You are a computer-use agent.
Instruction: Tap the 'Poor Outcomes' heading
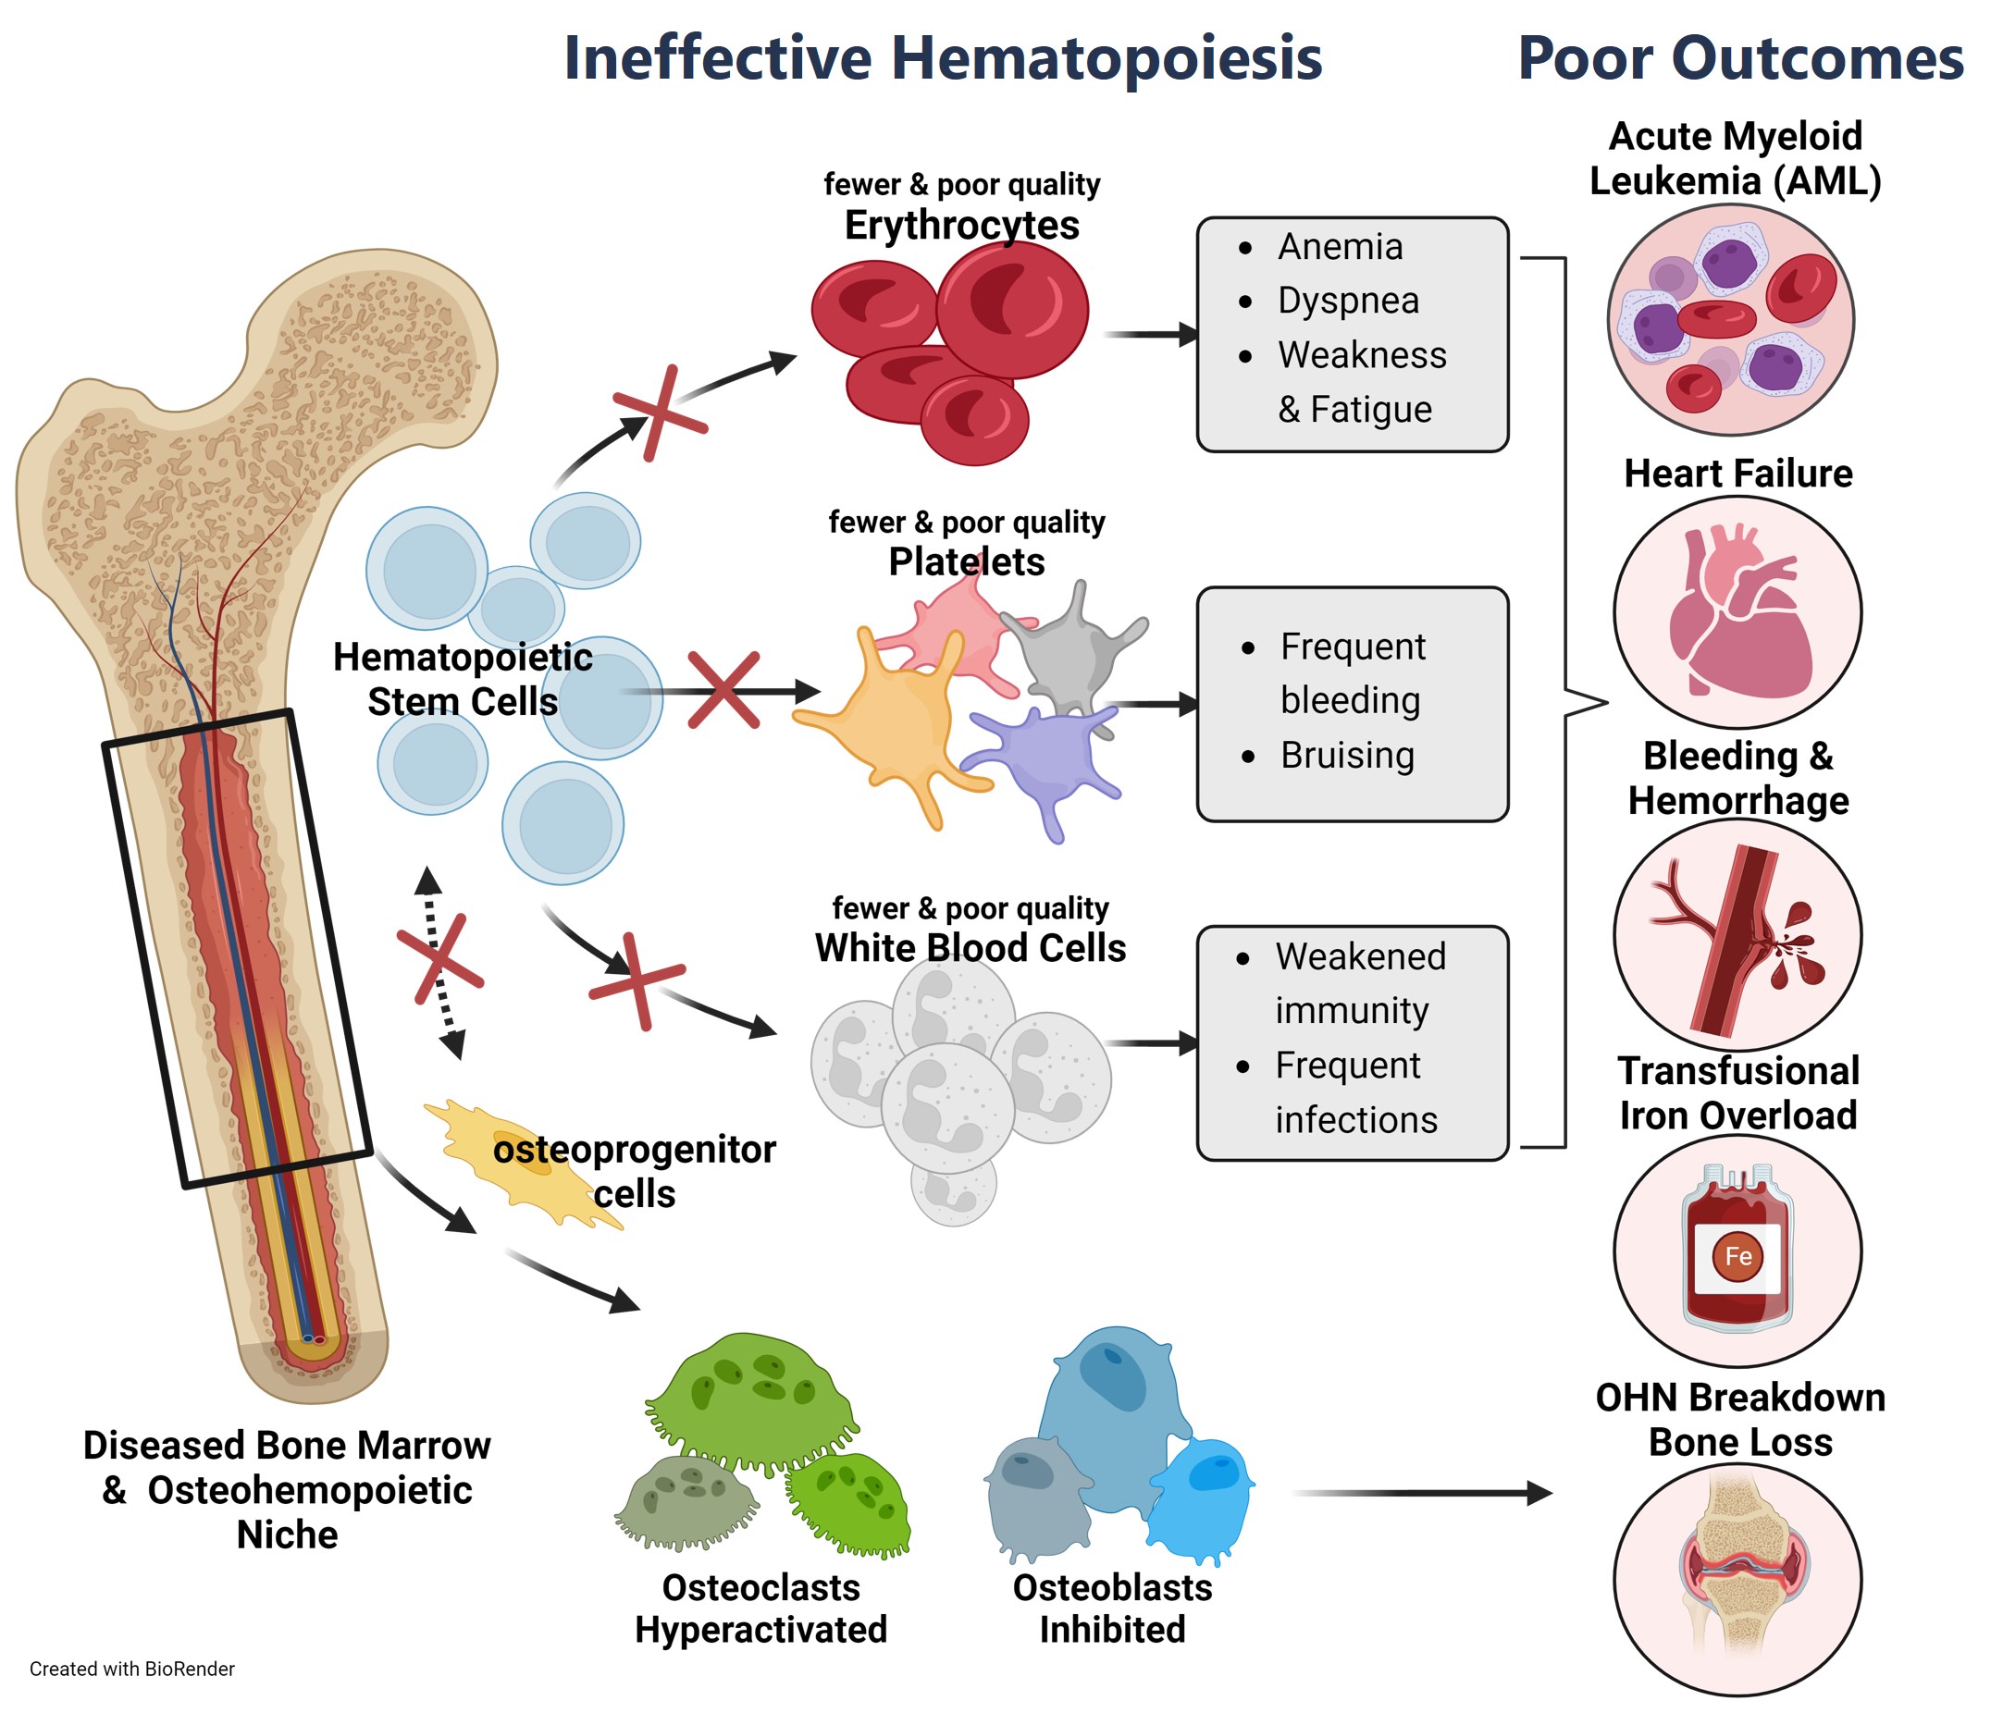tap(1740, 58)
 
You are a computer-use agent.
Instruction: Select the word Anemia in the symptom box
tap(1340, 248)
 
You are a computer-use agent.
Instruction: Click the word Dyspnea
tap(1349, 302)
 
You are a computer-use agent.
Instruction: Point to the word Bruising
tap(1348, 756)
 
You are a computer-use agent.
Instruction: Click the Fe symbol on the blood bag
tap(1738, 1257)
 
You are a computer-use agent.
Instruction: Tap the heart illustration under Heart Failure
tap(1738, 614)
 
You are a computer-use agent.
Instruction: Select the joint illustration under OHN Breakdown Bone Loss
tap(1738, 1581)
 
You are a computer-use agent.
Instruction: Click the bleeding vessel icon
tap(1738, 936)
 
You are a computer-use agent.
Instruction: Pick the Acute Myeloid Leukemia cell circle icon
tap(1730, 319)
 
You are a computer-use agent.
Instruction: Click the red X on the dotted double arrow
tap(439, 957)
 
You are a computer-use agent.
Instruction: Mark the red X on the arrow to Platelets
tap(723, 690)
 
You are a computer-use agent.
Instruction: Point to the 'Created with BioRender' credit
tap(132, 1669)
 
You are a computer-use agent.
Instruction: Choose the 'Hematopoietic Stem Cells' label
tap(462, 679)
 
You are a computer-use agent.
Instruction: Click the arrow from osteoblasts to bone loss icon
tap(1421, 1494)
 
